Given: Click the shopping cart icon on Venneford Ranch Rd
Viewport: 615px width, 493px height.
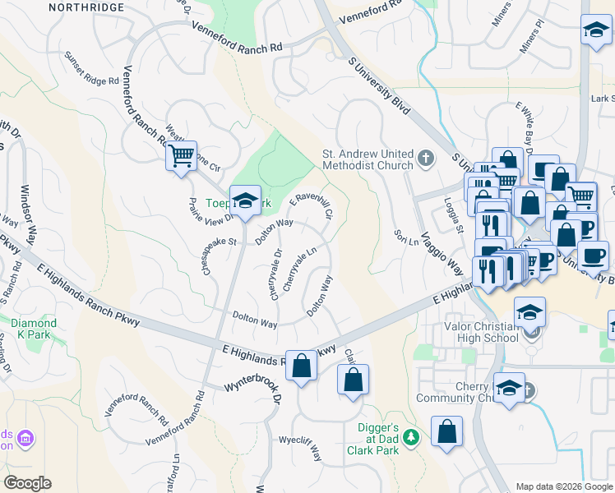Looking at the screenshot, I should [x=181, y=154].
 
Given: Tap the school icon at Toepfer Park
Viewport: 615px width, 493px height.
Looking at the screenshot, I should [x=244, y=201].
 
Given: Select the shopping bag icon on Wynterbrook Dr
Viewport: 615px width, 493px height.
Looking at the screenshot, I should [x=302, y=366].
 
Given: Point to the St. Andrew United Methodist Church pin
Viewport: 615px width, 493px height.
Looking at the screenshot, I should [x=425, y=158].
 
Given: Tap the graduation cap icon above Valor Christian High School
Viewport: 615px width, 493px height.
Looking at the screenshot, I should [x=530, y=312].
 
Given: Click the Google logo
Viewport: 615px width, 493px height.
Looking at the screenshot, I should [x=28, y=483].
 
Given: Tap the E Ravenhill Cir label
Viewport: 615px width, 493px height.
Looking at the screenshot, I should [x=311, y=205].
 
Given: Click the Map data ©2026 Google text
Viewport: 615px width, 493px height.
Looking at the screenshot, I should [x=563, y=486].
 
